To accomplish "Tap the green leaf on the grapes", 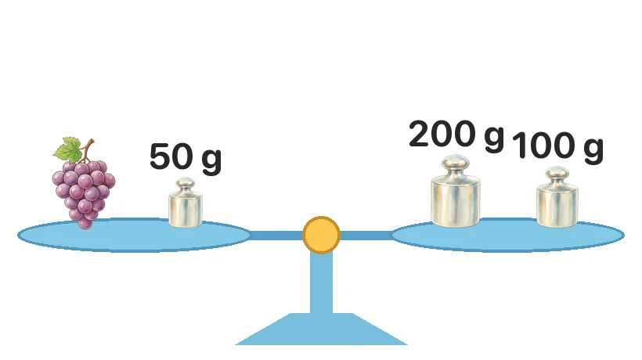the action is [x=68, y=149].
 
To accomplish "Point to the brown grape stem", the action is [x=88, y=150].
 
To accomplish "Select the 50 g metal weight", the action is [x=186, y=203].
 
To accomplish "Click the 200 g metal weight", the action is [x=456, y=191].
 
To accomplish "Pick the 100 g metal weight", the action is [x=557, y=196].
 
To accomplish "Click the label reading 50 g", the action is [x=186, y=158].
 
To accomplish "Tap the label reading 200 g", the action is [x=456, y=135].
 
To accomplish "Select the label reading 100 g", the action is [x=557, y=146].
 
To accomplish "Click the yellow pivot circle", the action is [x=322, y=236].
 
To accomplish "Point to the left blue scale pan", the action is [x=134, y=236].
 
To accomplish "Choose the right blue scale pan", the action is [x=507, y=236].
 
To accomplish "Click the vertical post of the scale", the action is [x=322, y=283].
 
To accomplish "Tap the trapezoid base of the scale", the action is [x=322, y=329].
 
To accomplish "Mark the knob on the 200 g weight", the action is [x=456, y=163].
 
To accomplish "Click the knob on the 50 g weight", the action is [x=186, y=183].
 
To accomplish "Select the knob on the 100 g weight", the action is [x=557, y=173].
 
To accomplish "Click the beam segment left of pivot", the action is [x=276, y=236].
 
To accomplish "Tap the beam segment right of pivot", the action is [x=366, y=236].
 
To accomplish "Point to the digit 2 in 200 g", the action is [x=419, y=134].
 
